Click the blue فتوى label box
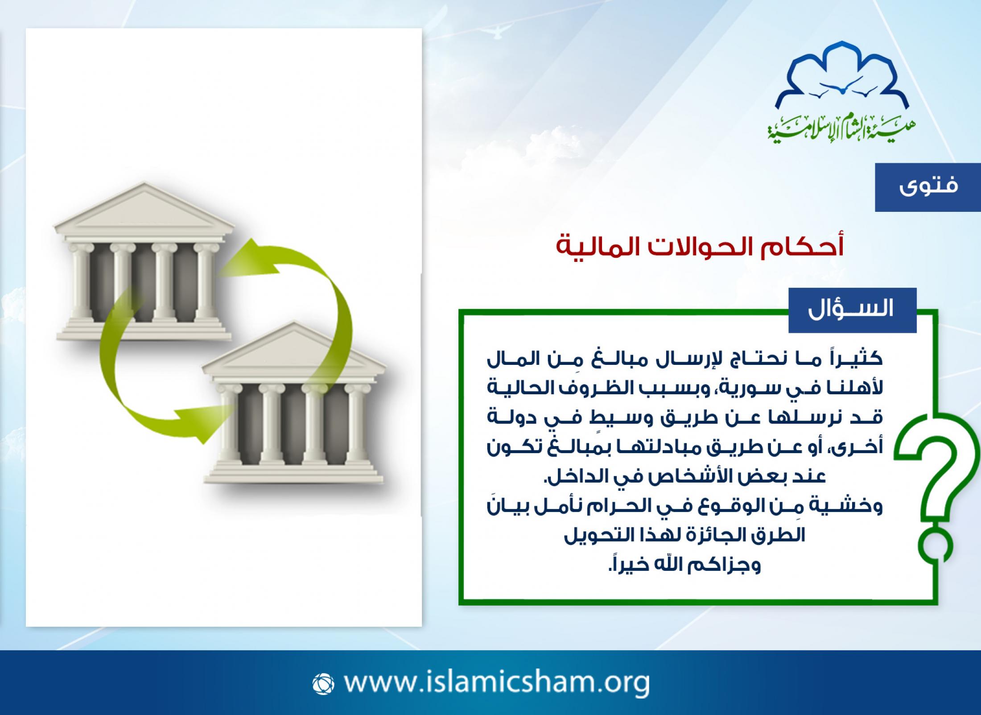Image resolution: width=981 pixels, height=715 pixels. coord(927,187)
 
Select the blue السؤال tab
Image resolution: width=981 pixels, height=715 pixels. coord(852,310)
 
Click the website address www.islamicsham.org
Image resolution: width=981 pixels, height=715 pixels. coord(497,682)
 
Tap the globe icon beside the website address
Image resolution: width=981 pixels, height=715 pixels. coord(323,684)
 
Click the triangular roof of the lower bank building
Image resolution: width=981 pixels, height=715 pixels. coord(293,346)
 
